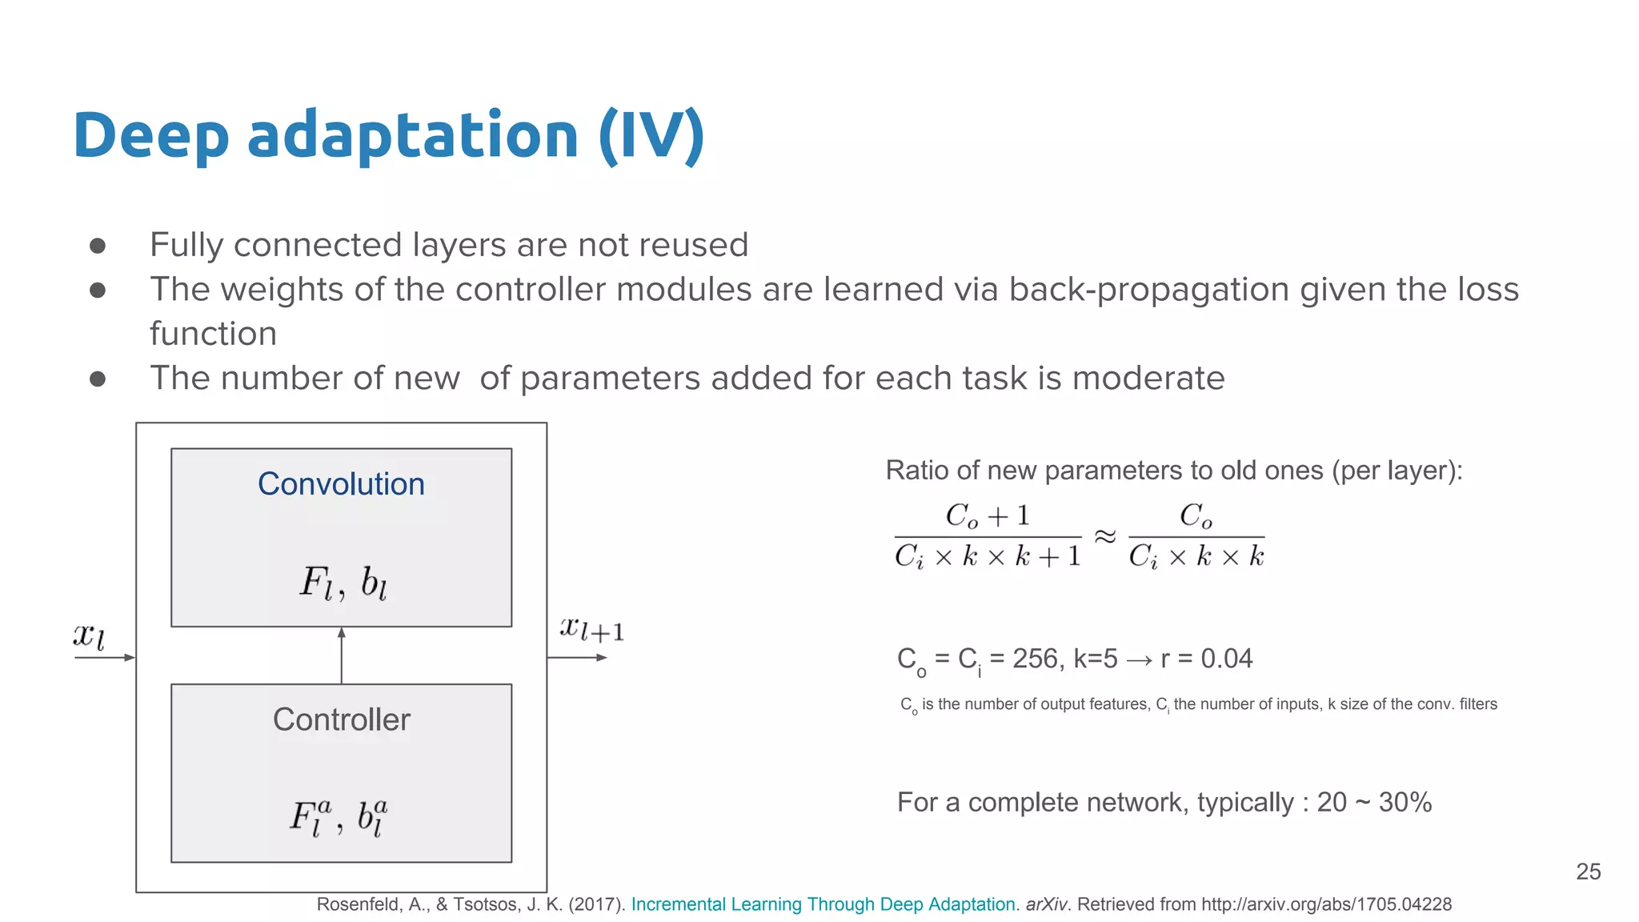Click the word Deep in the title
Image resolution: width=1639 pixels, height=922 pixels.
click(x=150, y=136)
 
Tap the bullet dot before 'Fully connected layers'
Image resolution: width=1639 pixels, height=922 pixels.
click(x=98, y=246)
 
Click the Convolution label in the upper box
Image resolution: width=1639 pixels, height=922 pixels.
click(x=341, y=484)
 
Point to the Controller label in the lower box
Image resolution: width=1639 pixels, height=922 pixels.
click(x=341, y=720)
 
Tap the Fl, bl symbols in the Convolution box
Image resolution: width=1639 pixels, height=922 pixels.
click(x=343, y=583)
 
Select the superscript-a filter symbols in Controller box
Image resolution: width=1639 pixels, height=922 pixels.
click(x=339, y=817)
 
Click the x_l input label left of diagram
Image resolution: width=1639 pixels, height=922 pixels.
click(x=89, y=636)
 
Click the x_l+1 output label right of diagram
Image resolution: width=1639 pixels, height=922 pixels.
click(x=591, y=629)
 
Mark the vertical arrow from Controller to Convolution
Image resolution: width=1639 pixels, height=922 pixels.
click(x=342, y=655)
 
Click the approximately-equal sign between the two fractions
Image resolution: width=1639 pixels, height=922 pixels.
click(x=1104, y=535)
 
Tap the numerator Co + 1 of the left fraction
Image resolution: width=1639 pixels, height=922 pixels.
click(x=987, y=516)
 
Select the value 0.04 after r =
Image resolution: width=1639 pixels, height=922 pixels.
click(x=1226, y=659)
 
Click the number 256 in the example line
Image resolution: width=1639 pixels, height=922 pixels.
click(x=1036, y=659)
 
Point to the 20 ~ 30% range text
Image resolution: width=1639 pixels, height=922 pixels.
click(x=1373, y=802)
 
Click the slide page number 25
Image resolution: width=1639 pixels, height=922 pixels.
click(x=1588, y=872)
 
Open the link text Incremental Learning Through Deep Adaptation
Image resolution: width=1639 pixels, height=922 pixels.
click(x=823, y=904)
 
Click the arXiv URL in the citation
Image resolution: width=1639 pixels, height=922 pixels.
click(x=1326, y=904)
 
